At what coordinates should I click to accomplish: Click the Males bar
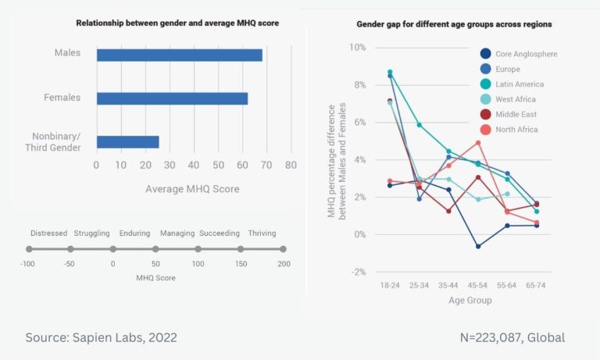(179, 55)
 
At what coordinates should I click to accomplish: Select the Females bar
(172, 98)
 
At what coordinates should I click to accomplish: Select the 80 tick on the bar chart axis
(291, 166)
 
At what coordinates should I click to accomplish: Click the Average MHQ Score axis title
(192, 189)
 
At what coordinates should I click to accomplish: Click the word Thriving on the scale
(262, 233)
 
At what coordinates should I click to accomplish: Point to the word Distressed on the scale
(49, 233)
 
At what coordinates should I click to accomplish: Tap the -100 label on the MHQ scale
(30, 264)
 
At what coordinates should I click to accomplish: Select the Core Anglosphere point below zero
(478, 246)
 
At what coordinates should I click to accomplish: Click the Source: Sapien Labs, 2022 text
(102, 337)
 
